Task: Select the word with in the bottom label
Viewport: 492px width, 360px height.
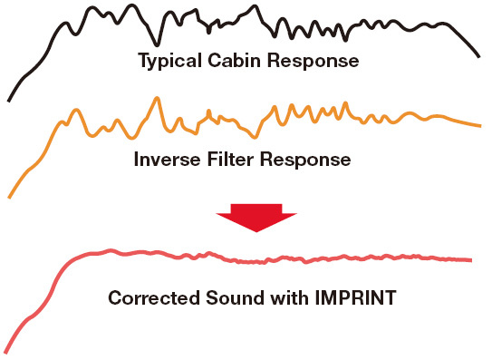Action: coord(270,297)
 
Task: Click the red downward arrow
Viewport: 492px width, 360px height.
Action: coord(257,218)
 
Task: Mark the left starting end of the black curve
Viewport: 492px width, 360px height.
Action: coord(9,100)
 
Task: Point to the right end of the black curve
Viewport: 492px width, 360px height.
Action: coord(478,57)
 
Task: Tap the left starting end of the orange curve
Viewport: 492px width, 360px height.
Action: coord(9,196)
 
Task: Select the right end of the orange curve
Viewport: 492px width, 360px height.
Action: coord(479,126)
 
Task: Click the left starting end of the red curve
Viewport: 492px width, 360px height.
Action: coord(7,353)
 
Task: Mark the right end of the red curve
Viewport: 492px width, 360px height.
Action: coord(471,260)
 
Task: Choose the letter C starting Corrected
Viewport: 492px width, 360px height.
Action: coord(115,297)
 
